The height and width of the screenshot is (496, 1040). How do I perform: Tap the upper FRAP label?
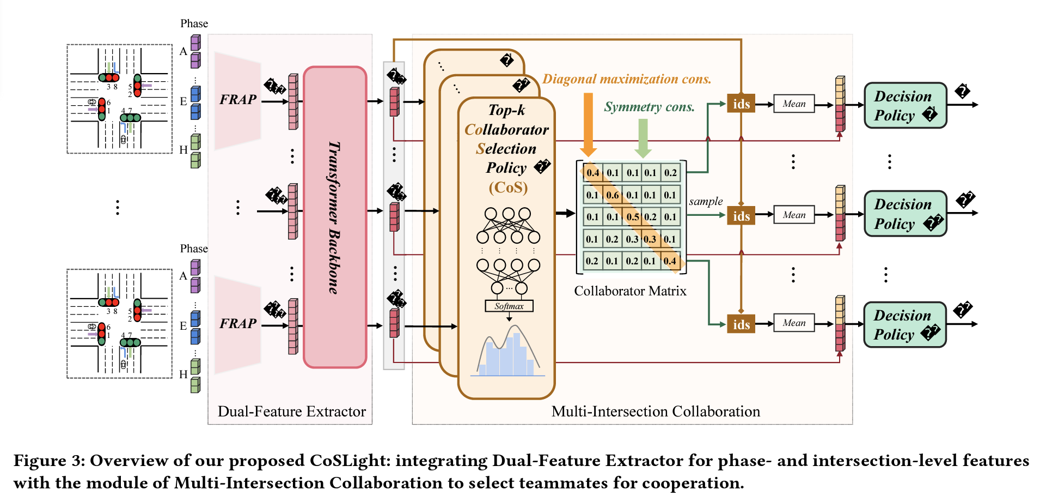[238, 100]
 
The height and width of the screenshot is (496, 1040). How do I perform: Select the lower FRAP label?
[238, 324]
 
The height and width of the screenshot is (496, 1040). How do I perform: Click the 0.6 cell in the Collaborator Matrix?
[613, 195]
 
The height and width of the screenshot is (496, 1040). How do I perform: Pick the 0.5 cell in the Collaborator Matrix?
[632, 217]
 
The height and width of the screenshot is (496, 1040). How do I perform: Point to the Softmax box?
[509, 306]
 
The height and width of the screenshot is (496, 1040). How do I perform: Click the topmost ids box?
[741, 104]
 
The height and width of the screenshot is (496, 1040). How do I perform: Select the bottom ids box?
[741, 325]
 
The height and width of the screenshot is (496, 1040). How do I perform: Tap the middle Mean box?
[794, 215]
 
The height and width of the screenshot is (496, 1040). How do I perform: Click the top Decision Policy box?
[904, 106]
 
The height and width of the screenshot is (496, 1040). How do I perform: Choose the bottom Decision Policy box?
[904, 325]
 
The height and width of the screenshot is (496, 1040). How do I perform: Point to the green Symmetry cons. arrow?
[643, 137]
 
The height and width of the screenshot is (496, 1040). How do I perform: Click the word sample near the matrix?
[706, 201]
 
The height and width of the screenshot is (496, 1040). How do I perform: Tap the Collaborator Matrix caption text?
[630, 291]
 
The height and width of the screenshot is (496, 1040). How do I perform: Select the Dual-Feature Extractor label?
[291, 412]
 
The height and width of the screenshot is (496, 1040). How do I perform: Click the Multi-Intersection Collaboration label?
[656, 412]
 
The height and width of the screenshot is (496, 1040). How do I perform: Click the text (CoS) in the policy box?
[507, 187]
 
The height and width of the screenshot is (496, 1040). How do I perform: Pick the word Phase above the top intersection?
[194, 23]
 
